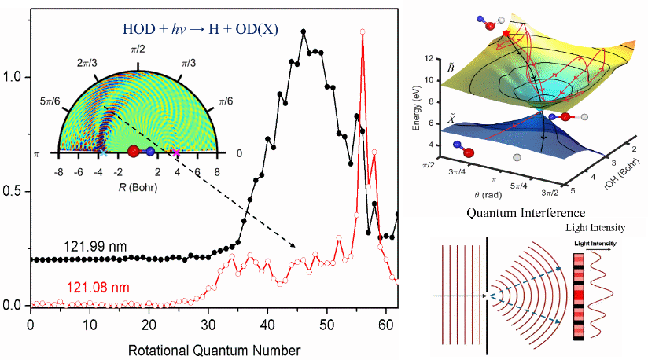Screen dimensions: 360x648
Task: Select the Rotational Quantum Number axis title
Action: click(x=213, y=345)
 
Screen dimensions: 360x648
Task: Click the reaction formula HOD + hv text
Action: click(x=212, y=29)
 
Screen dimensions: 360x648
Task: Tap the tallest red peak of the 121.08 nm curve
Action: click(x=362, y=32)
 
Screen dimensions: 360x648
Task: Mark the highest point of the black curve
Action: click(x=304, y=31)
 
